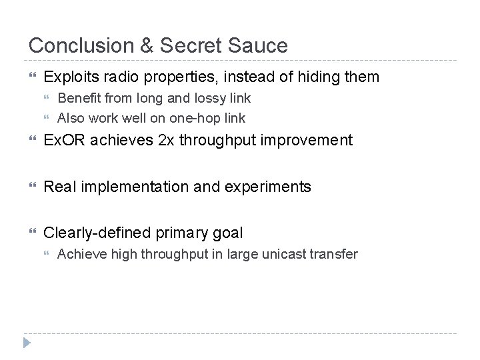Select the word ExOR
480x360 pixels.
64,141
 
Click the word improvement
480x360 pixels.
309,141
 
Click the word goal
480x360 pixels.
228,233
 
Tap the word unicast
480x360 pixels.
289,254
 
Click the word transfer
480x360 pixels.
336,254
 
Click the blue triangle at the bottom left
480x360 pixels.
27,343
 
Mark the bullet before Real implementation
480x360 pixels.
31,187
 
